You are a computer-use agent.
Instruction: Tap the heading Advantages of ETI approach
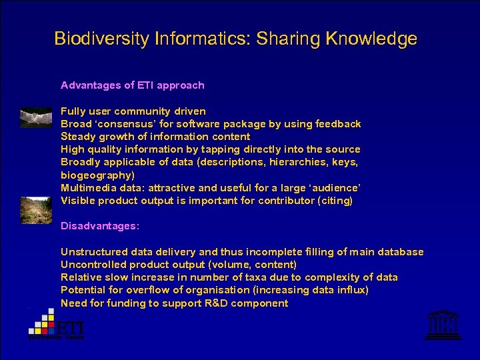pos(132,85)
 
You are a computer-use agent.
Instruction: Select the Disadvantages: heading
pos(100,226)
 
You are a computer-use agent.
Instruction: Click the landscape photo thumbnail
pos(36,209)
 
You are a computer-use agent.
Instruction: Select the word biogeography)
pos(97,175)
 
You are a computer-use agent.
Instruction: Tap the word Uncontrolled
pos(91,265)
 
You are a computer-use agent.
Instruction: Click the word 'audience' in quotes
pos(333,188)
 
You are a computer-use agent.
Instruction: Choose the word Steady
pos(77,137)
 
